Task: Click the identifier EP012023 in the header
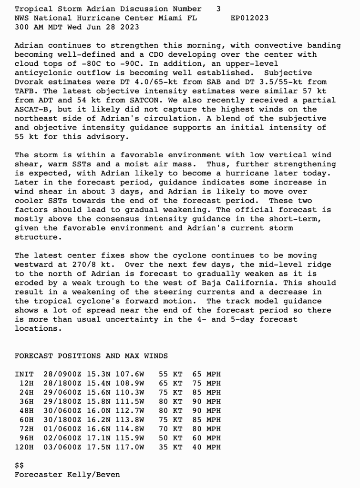tap(249, 18)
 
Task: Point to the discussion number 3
tap(218, 9)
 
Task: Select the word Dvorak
tap(29, 82)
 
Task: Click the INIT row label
tap(24, 375)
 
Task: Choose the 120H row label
tap(24, 447)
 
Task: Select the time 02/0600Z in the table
tap(62, 438)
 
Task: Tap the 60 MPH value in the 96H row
tap(206, 438)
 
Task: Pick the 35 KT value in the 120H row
tap(170, 447)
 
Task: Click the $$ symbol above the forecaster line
tap(20, 466)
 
